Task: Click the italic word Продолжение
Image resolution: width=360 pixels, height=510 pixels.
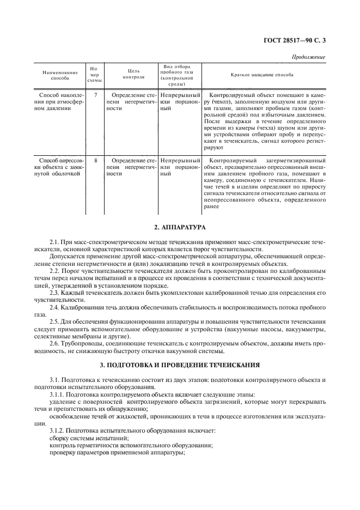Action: [x=309, y=57]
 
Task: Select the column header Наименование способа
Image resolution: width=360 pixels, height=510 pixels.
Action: [x=57, y=75]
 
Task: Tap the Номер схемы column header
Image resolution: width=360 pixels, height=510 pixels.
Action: [x=95, y=75]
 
